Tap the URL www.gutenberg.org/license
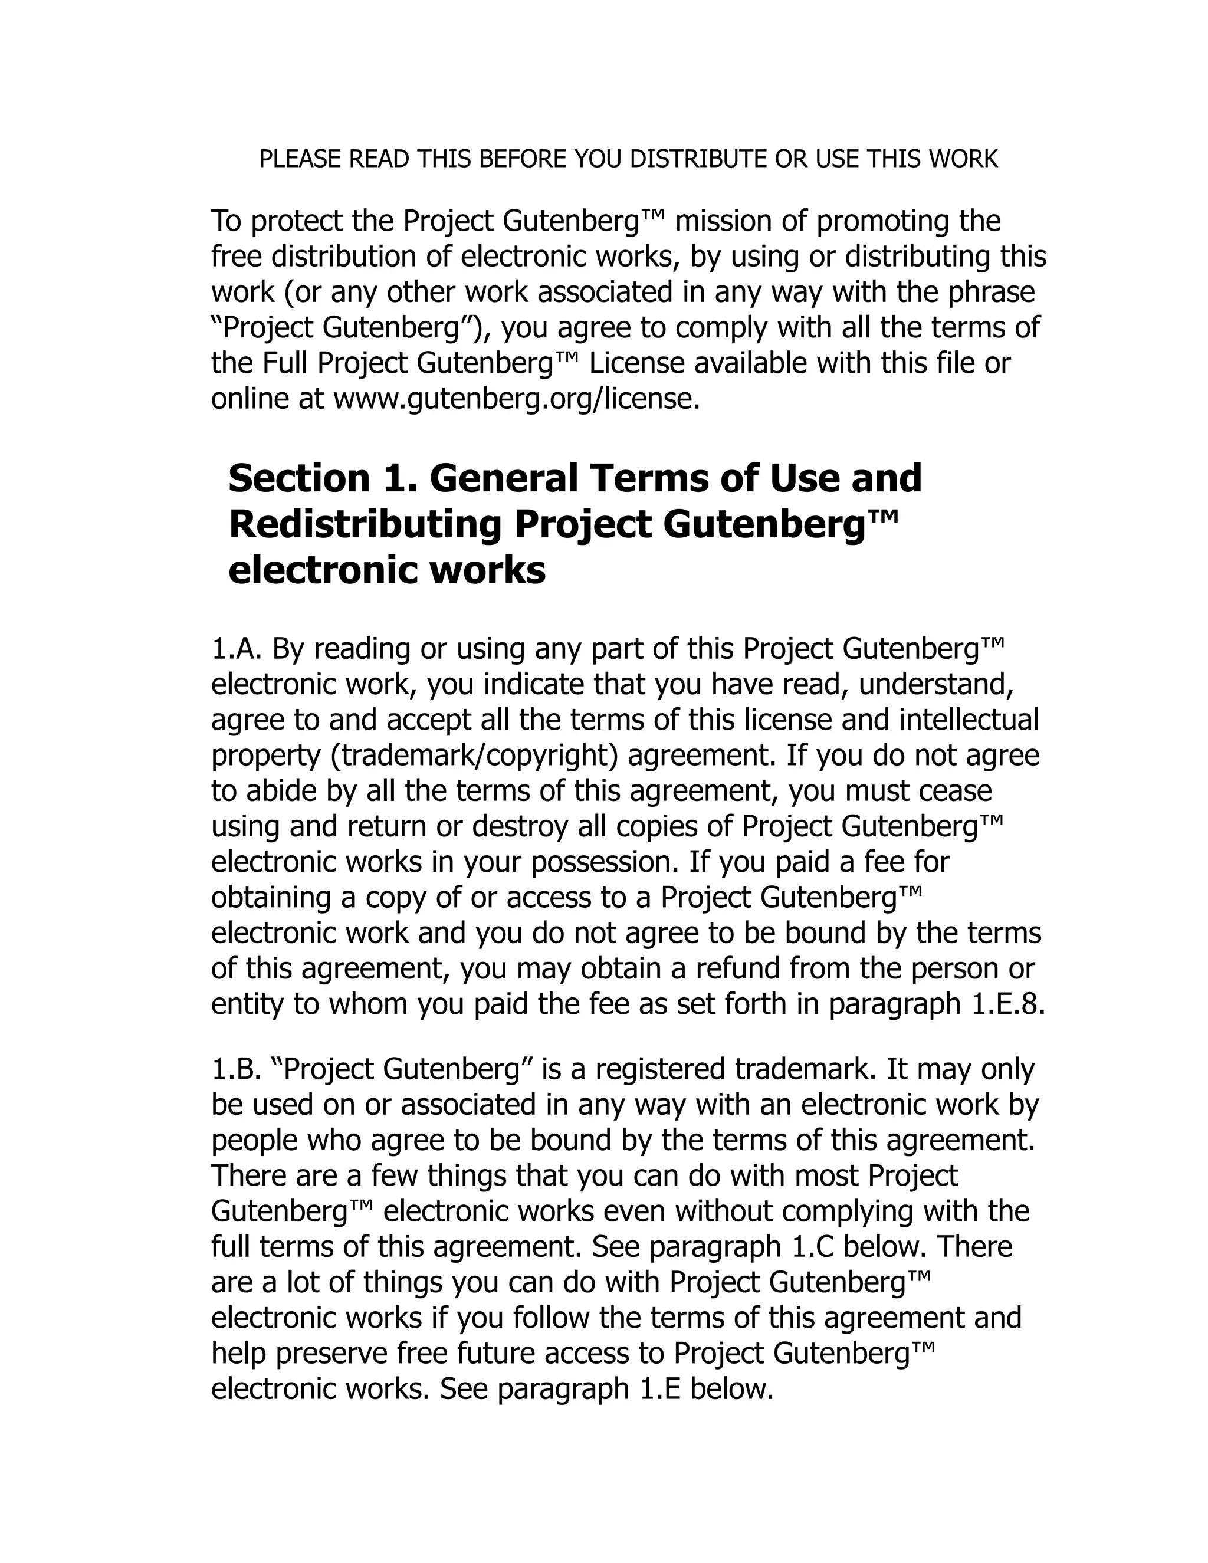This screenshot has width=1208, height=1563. tap(516, 399)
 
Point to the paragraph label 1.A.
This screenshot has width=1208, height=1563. tap(238, 649)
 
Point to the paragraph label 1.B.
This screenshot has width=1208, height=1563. tap(238, 1069)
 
